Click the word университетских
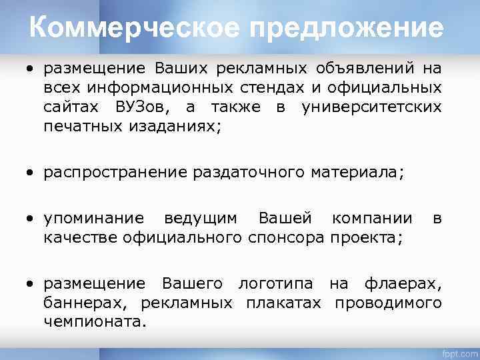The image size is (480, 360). (x=371, y=107)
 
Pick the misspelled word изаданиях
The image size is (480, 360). (x=168, y=126)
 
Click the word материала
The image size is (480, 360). (x=357, y=173)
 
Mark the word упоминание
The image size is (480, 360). (x=93, y=218)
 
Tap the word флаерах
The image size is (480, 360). (x=403, y=283)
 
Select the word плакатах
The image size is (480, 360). (x=283, y=303)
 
